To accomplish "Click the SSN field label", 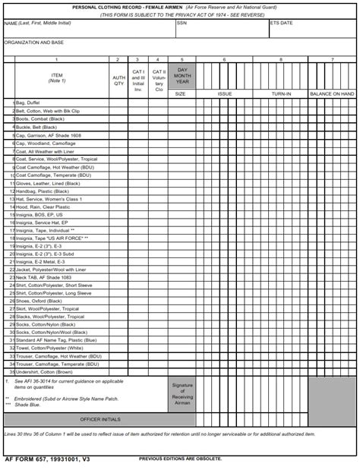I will (x=182, y=23).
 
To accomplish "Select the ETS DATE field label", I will (x=281, y=23).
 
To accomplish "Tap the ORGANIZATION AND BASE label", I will (x=34, y=43).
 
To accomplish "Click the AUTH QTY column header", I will (x=118, y=80).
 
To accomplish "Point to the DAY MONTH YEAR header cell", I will (x=181, y=76).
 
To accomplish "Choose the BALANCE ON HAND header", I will (x=332, y=94).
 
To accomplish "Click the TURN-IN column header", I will (x=281, y=94).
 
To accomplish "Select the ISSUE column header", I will (x=225, y=94).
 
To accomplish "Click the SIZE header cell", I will (x=181, y=94).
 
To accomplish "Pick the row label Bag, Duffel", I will (x=27, y=102).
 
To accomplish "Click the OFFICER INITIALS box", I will (x=100, y=418).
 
